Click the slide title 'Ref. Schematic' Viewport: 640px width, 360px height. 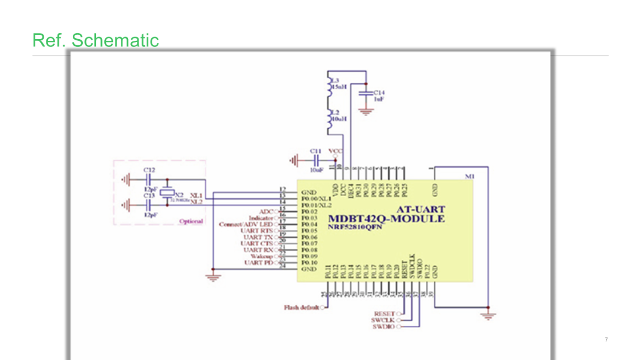point(95,40)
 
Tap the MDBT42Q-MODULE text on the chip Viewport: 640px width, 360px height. point(386,219)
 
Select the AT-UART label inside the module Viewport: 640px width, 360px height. point(420,209)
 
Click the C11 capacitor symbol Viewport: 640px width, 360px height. point(316,161)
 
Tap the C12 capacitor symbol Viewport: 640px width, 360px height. point(149,179)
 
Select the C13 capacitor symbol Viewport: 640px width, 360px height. point(149,205)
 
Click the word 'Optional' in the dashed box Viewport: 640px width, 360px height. point(190,221)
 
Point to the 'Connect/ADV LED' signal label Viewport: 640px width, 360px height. point(246,225)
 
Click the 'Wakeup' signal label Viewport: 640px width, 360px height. point(262,257)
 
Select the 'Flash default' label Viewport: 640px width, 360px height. point(301,308)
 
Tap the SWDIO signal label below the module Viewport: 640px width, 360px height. point(383,327)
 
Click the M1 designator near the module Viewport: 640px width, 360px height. point(470,177)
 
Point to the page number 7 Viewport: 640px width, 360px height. point(606,340)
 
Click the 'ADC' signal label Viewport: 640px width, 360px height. point(266,211)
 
